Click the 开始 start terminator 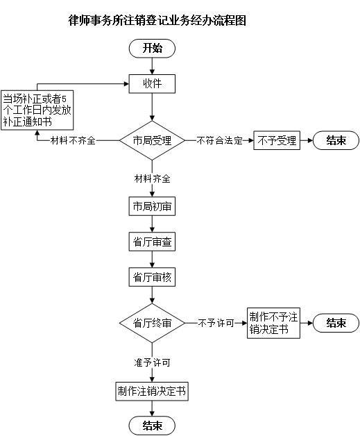(x=152, y=48)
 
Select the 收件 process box (x=152, y=84)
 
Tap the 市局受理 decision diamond (x=152, y=140)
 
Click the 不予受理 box (x=277, y=140)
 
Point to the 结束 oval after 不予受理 (x=336, y=140)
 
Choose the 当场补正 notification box (x=37, y=110)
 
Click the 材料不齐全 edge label (x=73, y=140)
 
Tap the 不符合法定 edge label (x=219, y=140)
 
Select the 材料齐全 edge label (x=152, y=178)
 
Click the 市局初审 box (x=152, y=206)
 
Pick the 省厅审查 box (x=152, y=242)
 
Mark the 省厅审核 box (x=152, y=277)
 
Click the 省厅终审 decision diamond (x=152, y=323)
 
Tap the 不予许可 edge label (x=216, y=323)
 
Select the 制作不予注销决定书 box (x=273, y=323)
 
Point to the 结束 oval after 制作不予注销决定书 (x=336, y=323)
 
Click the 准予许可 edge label (x=152, y=362)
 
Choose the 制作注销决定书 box (x=152, y=392)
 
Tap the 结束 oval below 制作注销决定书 (x=152, y=426)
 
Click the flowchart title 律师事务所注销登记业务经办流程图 (x=157, y=20)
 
